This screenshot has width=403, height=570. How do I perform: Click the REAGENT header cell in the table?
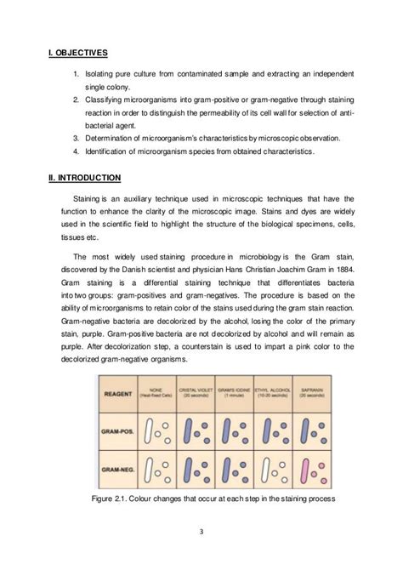pyautogui.click(x=118, y=394)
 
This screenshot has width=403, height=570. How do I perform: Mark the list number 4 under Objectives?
pyautogui.click(x=76, y=152)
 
